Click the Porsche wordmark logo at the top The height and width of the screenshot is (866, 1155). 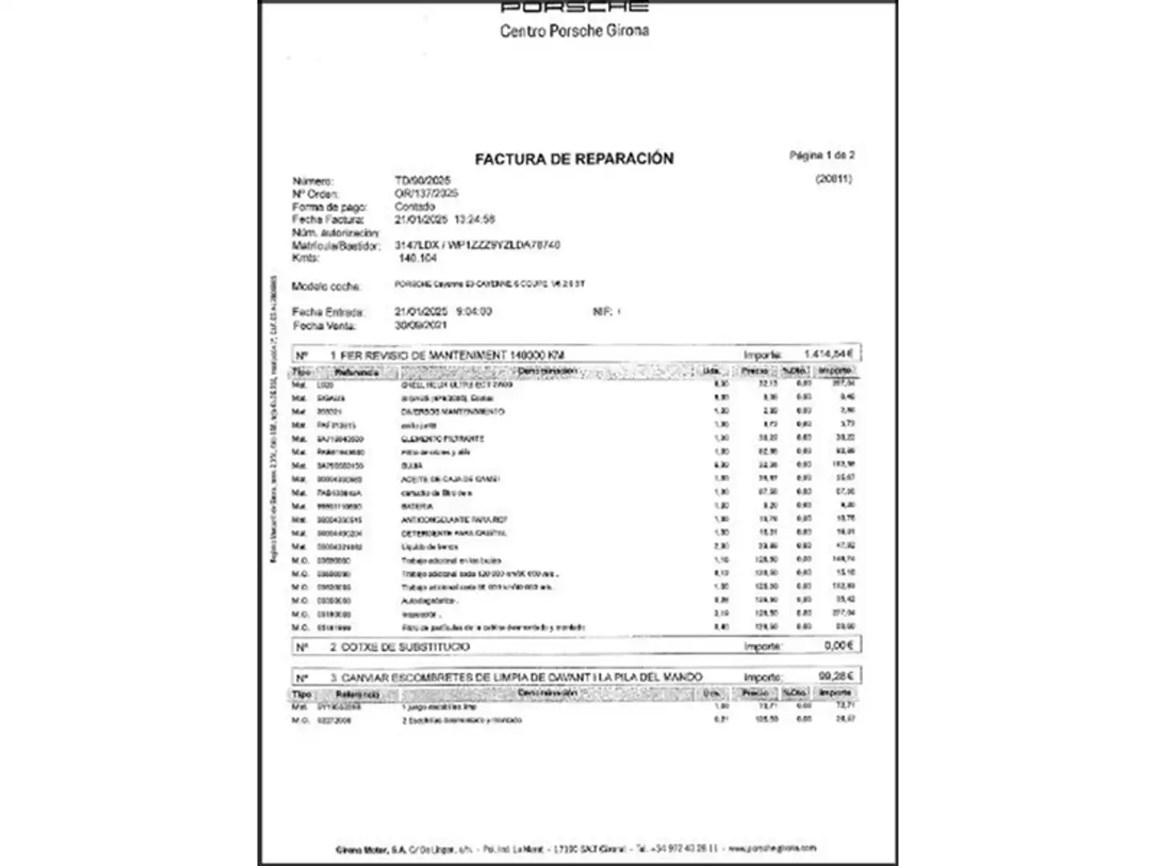click(x=573, y=7)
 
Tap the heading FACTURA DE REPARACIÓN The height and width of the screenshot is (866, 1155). click(x=573, y=159)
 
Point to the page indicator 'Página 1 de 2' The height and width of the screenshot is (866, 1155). click(x=821, y=156)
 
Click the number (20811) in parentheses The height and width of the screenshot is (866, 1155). click(x=833, y=179)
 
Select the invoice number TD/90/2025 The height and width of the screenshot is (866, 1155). click(x=422, y=180)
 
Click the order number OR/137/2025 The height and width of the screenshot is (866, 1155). click(x=426, y=193)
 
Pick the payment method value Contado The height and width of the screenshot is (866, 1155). click(x=415, y=206)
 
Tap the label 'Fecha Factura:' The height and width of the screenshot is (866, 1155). click(x=327, y=219)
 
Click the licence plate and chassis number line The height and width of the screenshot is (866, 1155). click(x=477, y=245)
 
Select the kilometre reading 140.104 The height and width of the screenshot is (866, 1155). click(x=417, y=258)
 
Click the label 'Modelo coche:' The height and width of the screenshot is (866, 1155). click(x=326, y=286)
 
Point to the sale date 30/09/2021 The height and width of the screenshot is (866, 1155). click(x=420, y=326)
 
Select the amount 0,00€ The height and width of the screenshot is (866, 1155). click(x=838, y=645)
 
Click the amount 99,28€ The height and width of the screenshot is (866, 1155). click(x=836, y=676)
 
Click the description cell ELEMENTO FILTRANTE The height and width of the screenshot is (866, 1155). click(x=442, y=439)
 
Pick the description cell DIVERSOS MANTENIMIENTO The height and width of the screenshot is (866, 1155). click(x=452, y=411)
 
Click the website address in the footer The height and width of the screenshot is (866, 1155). click(x=772, y=848)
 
